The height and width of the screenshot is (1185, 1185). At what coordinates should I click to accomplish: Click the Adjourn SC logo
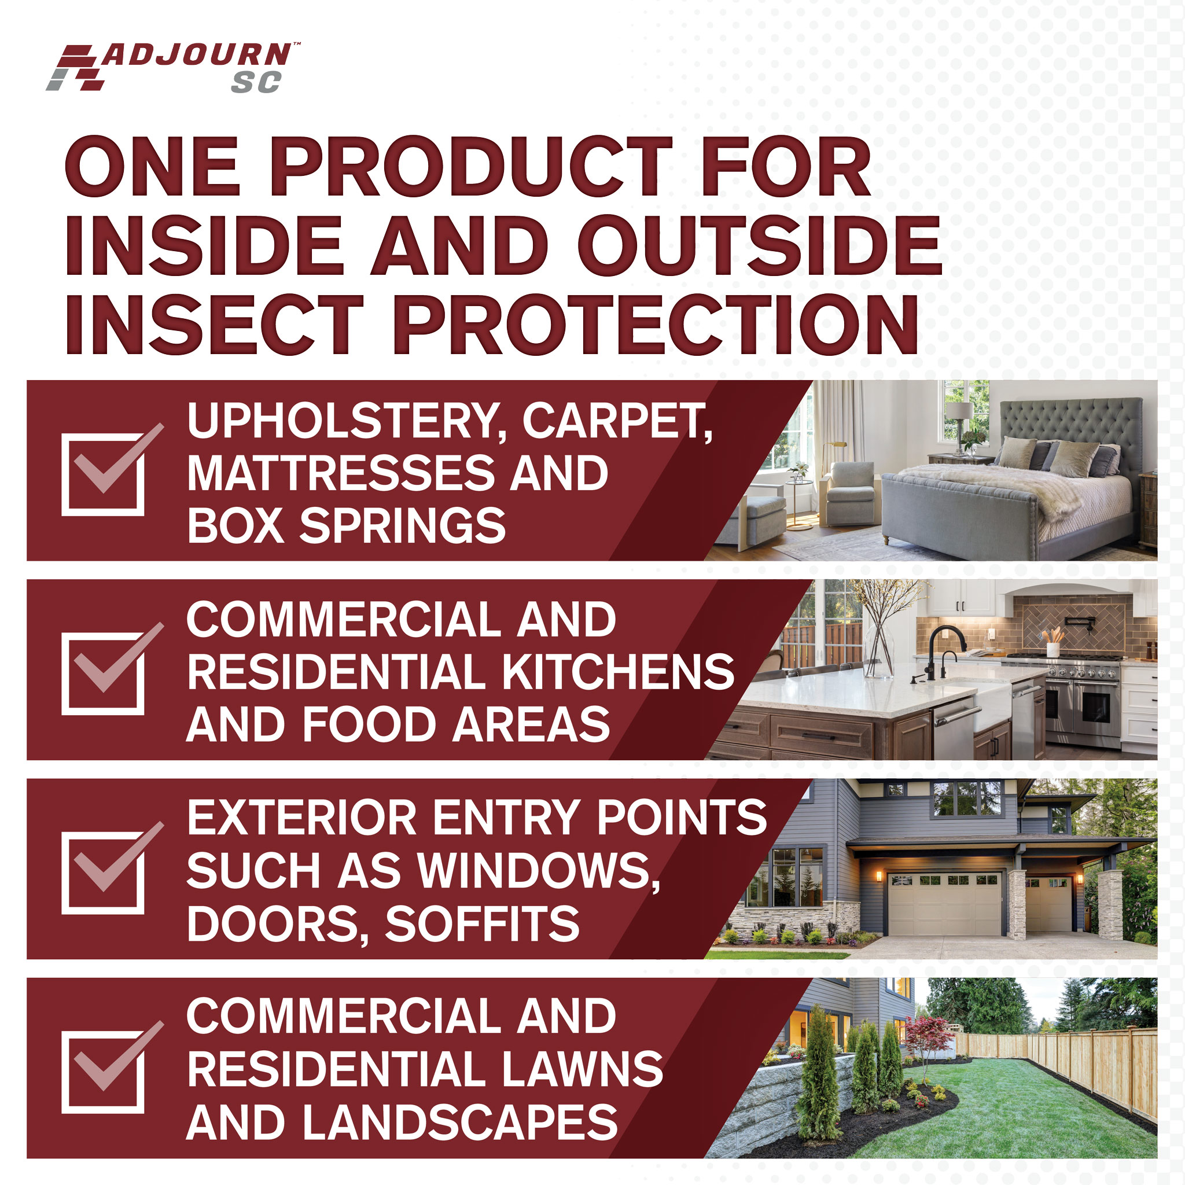click(x=173, y=68)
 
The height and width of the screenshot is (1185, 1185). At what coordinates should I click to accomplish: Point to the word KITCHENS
click(x=619, y=672)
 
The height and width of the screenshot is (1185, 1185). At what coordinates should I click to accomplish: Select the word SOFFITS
click(x=482, y=923)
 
